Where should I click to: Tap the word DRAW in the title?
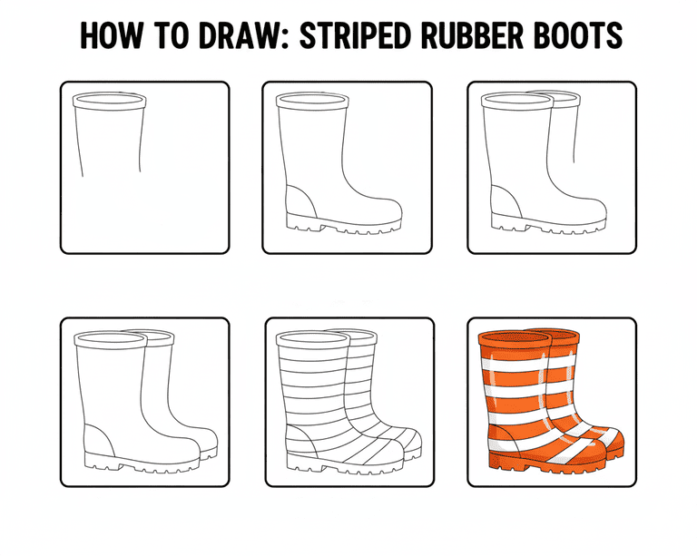tap(239, 35)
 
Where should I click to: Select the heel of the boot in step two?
tap(299, 202)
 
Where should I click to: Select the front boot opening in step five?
tap(312, 338)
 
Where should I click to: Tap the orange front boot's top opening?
tap(515, 338)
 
